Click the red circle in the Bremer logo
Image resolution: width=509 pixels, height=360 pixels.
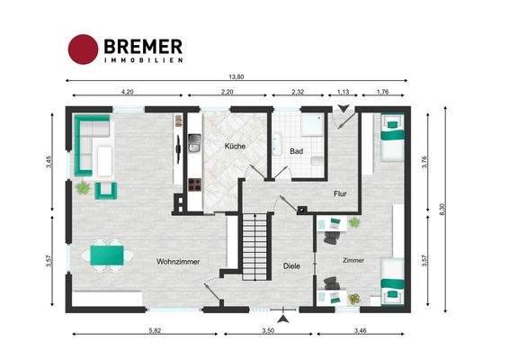click(84, 49)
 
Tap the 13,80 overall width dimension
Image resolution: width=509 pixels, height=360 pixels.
click(237, 76)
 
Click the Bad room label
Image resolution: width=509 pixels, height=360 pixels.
click(296, 151)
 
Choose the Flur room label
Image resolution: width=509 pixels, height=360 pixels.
click(340, 193)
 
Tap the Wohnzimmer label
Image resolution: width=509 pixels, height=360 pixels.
click(177, 261)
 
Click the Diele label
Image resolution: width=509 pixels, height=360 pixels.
click(290, 265)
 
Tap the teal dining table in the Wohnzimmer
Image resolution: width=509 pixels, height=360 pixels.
click(105, 255)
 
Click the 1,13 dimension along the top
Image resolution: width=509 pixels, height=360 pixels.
click(343, 93)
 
